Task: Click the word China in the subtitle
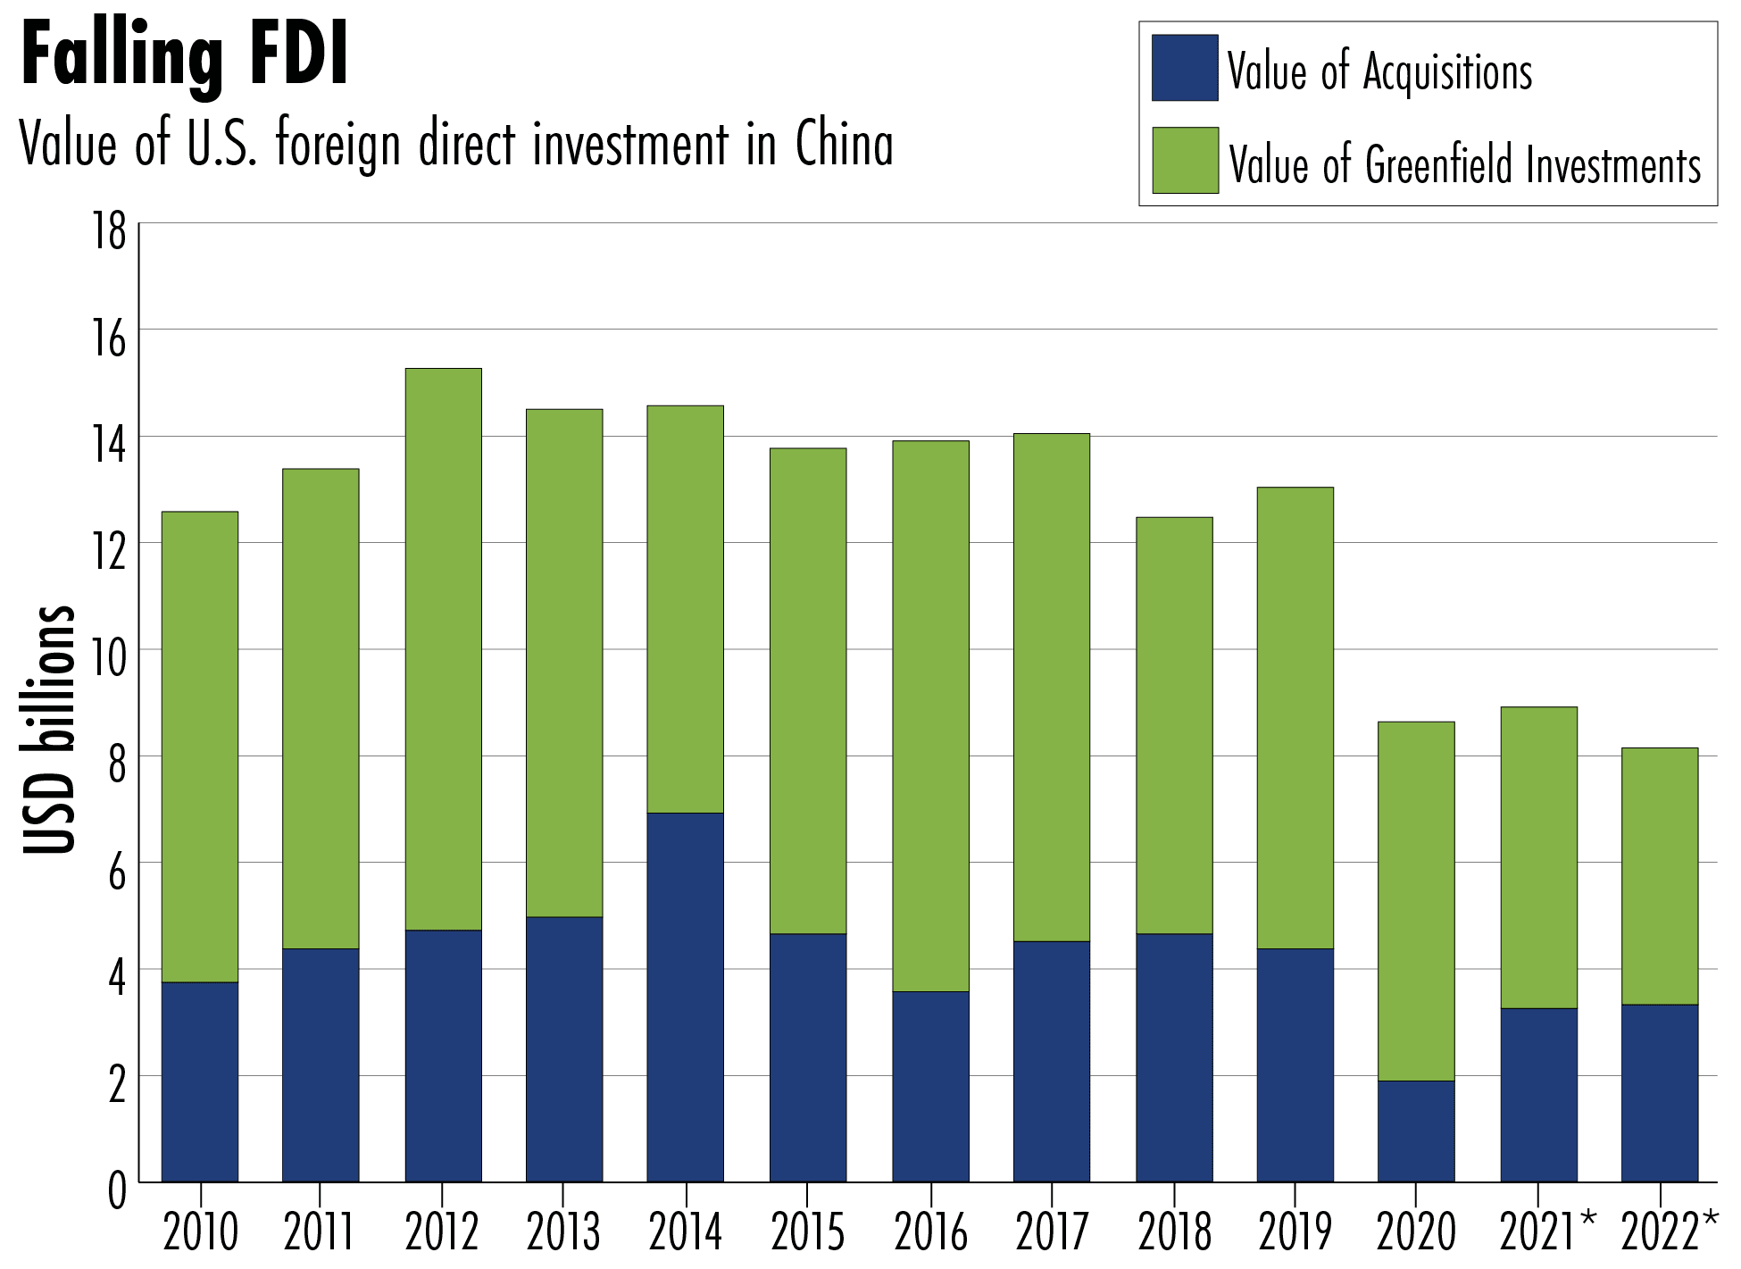[x=844, y=145]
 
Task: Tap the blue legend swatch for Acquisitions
[x=1185, y=68]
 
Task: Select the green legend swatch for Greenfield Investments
[x=1185, y=161]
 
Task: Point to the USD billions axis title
[x=49, y=729]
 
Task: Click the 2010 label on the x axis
[x=201, y=1233]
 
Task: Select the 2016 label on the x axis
[x=930, y=1233]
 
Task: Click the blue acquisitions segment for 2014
[x=685, y=997]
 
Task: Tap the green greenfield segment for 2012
[x=443, y=649]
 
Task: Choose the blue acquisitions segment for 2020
[x=1416, y=1131]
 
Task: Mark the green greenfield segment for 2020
[x=1416, y=901]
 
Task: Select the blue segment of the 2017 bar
[x=1052, y=1061]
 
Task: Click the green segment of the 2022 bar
[x=1660, y=876]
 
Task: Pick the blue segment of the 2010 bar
[x=200, y=1081]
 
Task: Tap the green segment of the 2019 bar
[x=1295, y=718]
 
